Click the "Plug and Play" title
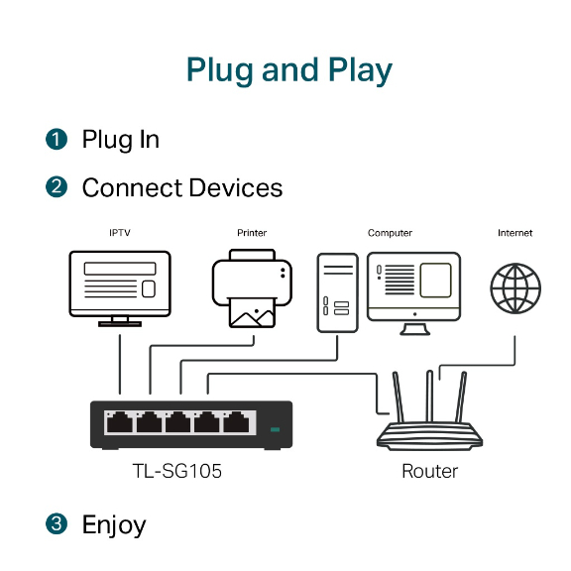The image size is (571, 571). point(289,70)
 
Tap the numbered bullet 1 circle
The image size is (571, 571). point(57,139)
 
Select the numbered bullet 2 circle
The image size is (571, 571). point(57,186)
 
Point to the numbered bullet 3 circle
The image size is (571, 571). point(57,524)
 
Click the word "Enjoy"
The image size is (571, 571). point(114,525)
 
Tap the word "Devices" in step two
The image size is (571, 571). point(236,188)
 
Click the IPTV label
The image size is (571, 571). point(120,233)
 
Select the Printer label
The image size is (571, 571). point(252,233)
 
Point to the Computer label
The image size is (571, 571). point(390,233)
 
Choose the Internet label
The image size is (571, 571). point(514,233)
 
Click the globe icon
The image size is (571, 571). point(515,288)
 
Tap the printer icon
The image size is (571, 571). point(252,288)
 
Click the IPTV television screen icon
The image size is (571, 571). point(120,288)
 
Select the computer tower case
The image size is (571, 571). point(338,292)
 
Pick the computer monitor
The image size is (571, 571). point(414,293)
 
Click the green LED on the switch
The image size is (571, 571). point(276,429)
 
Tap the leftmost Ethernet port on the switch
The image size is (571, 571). point(120,422)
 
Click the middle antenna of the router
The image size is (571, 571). point(429,397)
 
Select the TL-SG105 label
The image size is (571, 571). point(177,471)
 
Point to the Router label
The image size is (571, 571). point(429,471)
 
